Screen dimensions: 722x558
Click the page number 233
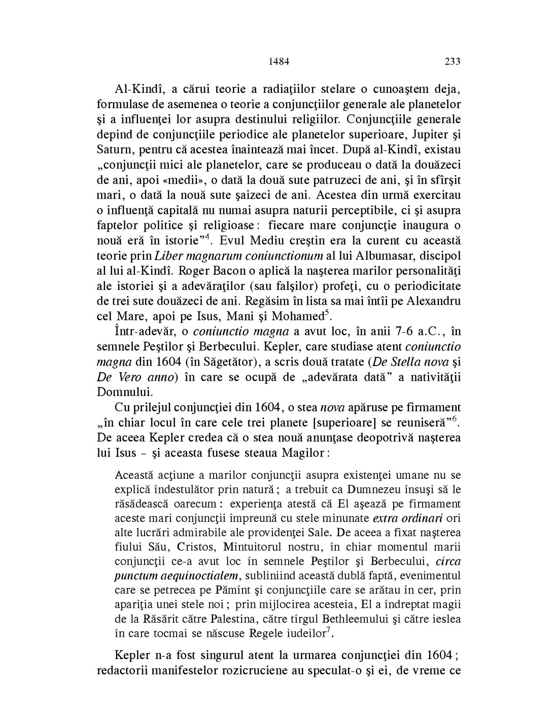pyautogui.click(x=452, y=62)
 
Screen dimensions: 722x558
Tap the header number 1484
pyautogui.click(x=278, y=62)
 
